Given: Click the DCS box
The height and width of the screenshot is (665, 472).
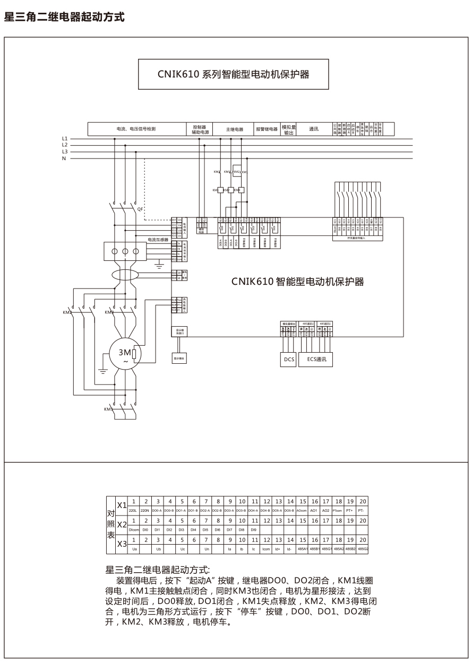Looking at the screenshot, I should pyautogui.click(x=289, y=360).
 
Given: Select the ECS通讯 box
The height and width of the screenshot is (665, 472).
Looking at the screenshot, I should pyautogui.click(x=316, y=360).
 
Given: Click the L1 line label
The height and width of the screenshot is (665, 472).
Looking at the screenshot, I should pyautogui.click(x=64, y=139).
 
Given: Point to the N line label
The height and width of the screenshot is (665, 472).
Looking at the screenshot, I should pyautogui.click(x=64, y=159).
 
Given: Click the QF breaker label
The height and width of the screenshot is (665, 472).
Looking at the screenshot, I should pyautogui.click(x=140, y=210).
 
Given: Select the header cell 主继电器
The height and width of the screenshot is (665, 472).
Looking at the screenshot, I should pyautogui.click(x=234, y=129).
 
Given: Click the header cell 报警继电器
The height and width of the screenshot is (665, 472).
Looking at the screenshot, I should pyautogui.click(x=267, y=129).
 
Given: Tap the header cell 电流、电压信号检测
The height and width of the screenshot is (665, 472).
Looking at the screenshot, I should pyautogui.click(x=136, y=129).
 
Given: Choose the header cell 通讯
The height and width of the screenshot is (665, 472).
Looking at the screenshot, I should pyautogui.click(x=313, y=129).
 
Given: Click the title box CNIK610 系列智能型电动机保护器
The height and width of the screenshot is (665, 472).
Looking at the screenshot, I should pyautogui.click(x=233, y=75).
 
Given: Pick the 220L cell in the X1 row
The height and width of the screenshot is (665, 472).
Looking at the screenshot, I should pyautogui.click(x=133, y=510).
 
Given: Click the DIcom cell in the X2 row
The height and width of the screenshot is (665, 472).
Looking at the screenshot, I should pyautogui.click(x=133, y=530).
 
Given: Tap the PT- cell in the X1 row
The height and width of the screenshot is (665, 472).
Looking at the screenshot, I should pyautogui.click(x=363, y=510).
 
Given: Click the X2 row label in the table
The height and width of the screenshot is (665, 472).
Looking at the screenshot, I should pyautogui.click(x=122, y=525).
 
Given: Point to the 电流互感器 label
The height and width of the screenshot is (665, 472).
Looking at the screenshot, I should pyautogui.click(x=158, y=240).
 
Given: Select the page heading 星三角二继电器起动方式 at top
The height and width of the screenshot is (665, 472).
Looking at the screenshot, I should pyautogui.click(x=64, y=17).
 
